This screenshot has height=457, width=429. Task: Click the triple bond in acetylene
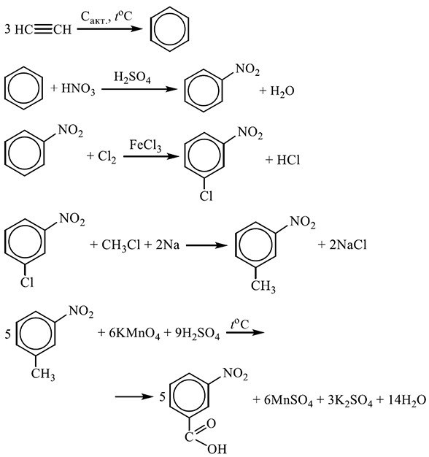click(x=43, y=29)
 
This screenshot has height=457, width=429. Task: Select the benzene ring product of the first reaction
click(x=169, y=30)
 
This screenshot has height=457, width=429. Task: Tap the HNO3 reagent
click(x=78, y=89)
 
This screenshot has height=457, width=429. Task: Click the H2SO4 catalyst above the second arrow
click(x=132, y=77)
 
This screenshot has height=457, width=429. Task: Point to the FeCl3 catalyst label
click(x=145, y=145)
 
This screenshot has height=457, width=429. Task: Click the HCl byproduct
click(x=288, y=160)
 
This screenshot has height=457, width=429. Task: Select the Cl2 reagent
click(x=107, y=157)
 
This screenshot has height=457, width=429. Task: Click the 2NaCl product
click(x=348, y=245)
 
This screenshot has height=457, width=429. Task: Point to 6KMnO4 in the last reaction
click(x=134, y=334)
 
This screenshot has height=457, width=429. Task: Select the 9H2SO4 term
click(x=197, y=334)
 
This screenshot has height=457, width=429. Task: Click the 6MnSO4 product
click(x=288, y=401)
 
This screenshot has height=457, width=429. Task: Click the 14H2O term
click(x=407, y=401)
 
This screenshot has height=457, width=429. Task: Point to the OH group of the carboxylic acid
click(x=217, y=449)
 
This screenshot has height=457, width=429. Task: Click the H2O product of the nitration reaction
click(x=282, y=91)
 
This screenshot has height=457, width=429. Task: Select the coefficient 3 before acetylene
click(x=7, y=29)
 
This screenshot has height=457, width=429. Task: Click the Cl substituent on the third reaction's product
click(x=206, y=196)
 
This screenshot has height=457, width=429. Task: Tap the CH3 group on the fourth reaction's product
click(x=263, y=286)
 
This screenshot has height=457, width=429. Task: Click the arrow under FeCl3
click(x=151, y=156)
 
